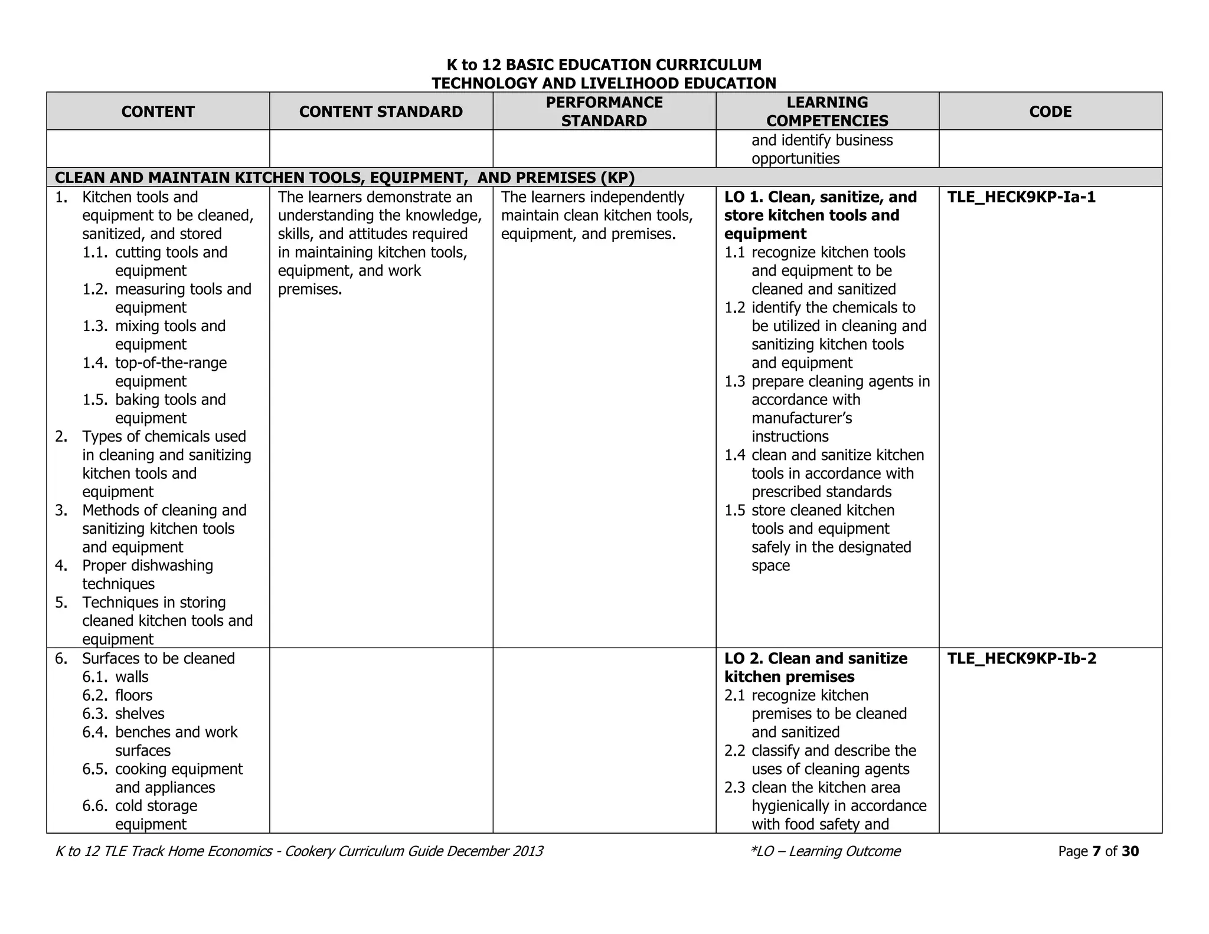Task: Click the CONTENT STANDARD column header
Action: coord(381,112)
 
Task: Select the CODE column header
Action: coord(1050,112)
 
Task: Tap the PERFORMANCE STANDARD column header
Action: coord(604,112)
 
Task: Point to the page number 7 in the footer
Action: coord(1096,851)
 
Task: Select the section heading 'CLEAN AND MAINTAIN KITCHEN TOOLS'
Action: coord(344,178)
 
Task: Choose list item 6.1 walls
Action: coord(132,677)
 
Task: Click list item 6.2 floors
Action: coord(133,695)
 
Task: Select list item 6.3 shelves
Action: coord(139,714)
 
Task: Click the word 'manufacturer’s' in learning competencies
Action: coord(802,419)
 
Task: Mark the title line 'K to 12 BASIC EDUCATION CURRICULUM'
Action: coord(604,65)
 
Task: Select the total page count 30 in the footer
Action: coord(1130,851)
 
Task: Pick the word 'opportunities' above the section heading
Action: coord(795,159)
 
